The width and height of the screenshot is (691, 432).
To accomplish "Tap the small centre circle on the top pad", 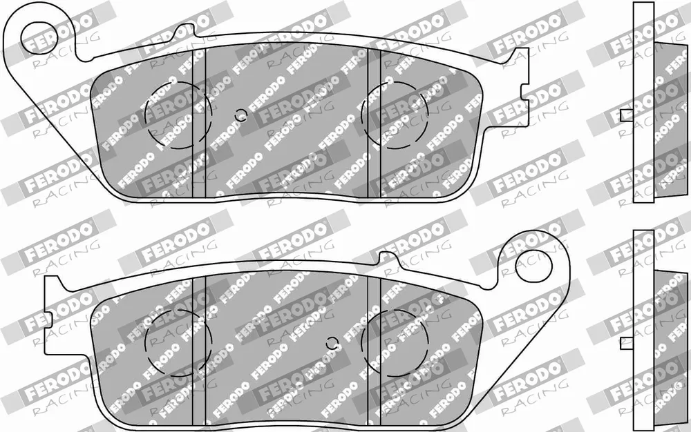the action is click(x=240, y=115).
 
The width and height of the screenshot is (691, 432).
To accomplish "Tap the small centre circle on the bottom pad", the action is click(x=333, y=342).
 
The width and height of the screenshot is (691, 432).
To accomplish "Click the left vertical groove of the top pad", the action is click(x=200, y=123).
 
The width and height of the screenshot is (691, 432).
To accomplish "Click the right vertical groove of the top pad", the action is click(x=374, y=123).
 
